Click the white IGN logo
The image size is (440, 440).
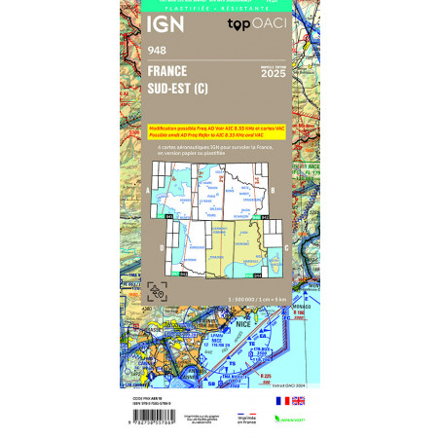click(163, 24)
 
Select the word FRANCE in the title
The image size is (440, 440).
click(168, 71)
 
